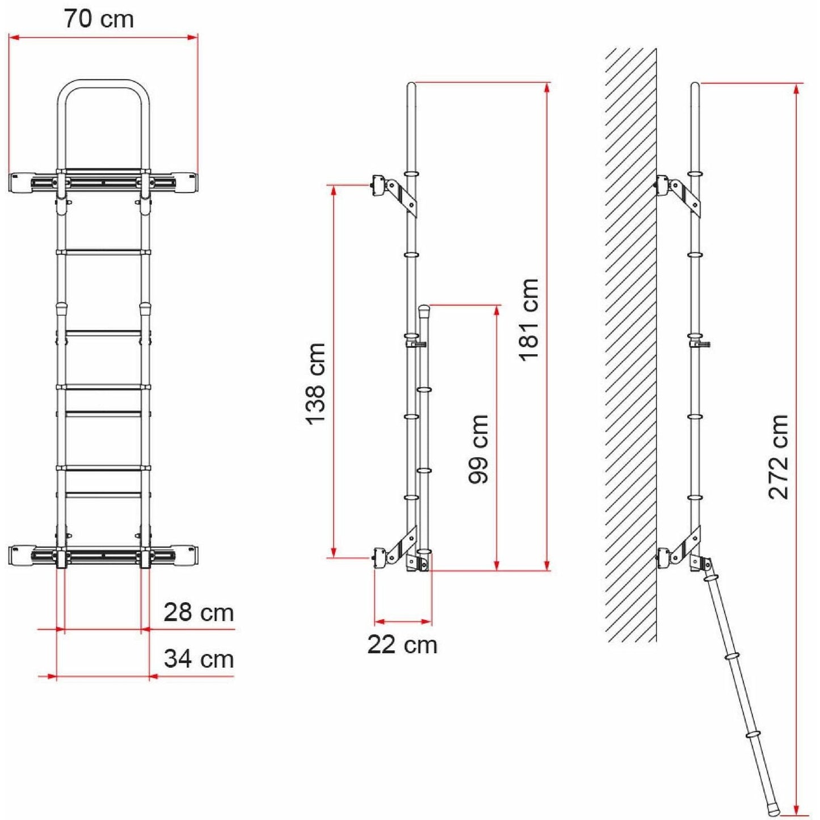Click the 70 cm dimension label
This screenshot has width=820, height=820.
[x=99, y=19]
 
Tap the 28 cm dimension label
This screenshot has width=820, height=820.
[x=199, y=612]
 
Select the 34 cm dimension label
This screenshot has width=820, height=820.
[x=199, y=659]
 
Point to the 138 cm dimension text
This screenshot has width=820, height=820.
[x=316, y=384]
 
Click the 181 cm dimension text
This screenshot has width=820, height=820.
[x=528, y=319]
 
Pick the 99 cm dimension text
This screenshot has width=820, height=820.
[x=478, y=448]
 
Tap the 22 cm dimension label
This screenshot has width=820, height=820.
[x=402, y=645]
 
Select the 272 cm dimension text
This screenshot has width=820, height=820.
[x=779, y=457]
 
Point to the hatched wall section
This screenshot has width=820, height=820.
[x=630, y=340]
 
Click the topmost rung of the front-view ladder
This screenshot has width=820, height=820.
[x=103, y=252]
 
